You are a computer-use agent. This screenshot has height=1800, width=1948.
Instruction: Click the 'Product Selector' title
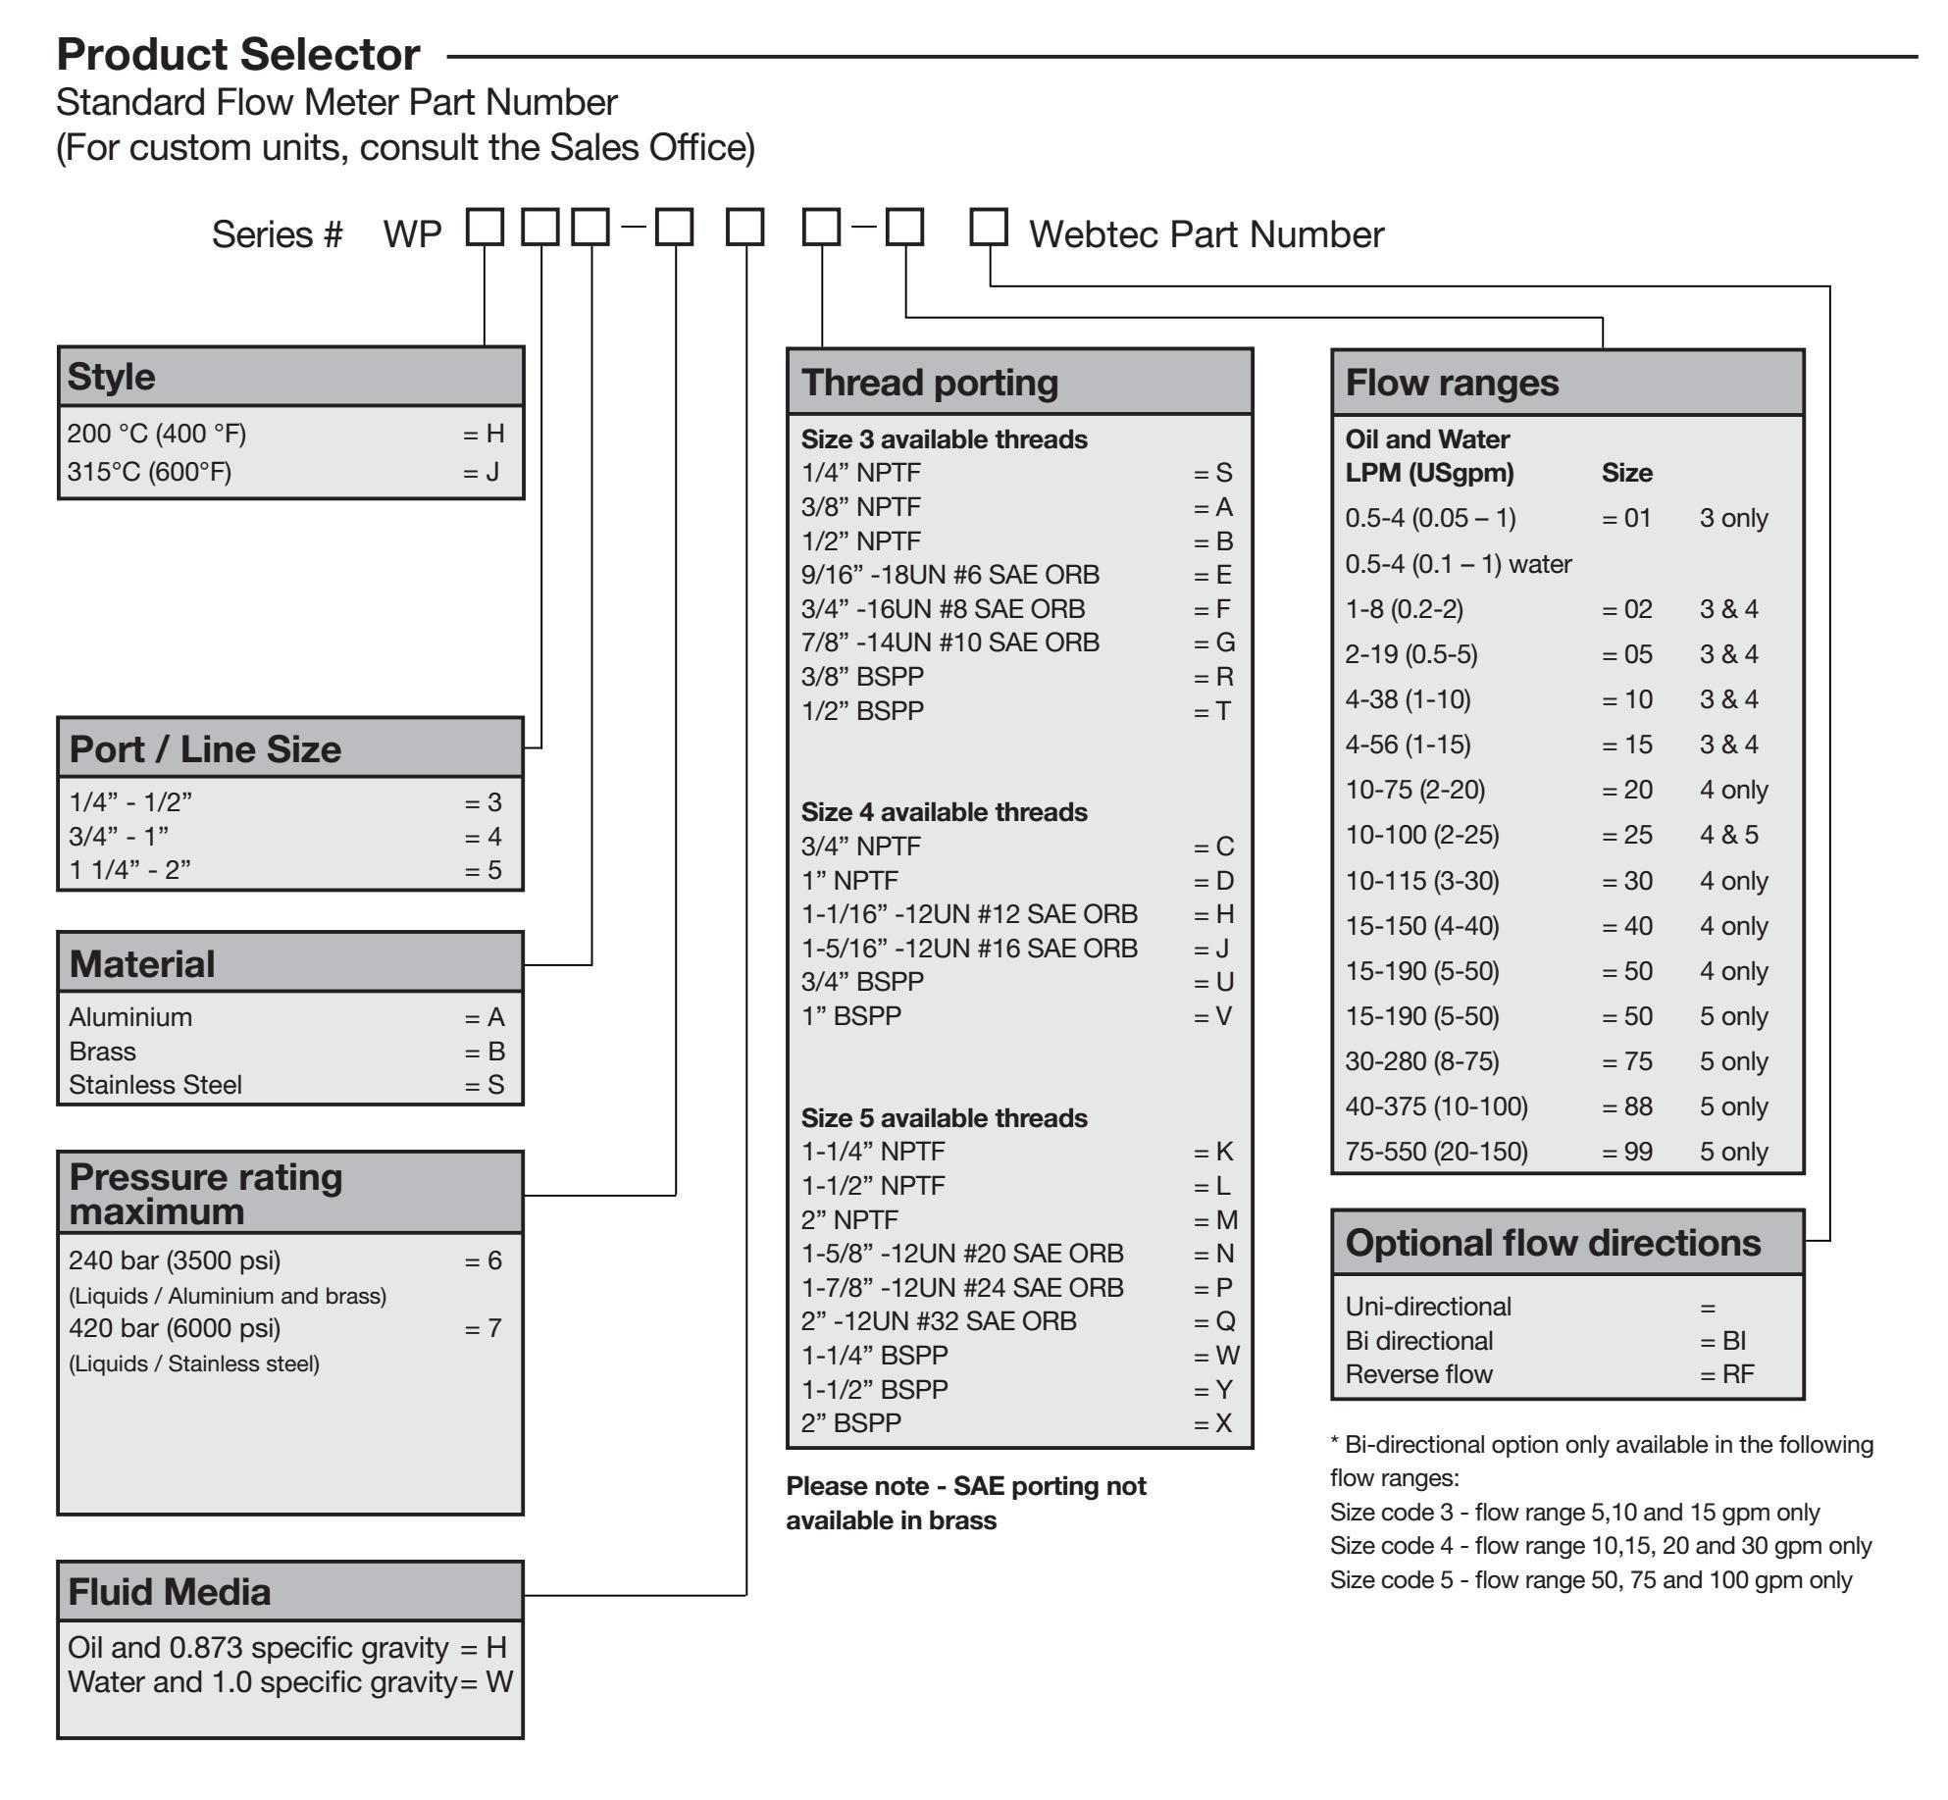[238, 55]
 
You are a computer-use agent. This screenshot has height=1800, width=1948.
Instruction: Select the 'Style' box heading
[111, 377]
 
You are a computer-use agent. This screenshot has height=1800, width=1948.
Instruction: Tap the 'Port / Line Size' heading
[205, 749]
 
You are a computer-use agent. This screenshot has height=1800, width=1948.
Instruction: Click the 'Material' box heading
[142, 964]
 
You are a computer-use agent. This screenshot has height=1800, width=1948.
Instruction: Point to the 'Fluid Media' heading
[170, 1591]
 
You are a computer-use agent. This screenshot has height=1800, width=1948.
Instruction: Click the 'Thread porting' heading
[930, 383]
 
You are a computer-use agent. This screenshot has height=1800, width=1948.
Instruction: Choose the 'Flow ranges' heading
[1452, 383]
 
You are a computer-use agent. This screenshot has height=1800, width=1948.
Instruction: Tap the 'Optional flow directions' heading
[1553, 1243]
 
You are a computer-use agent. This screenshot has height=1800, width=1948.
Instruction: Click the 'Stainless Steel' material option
[155, 1085]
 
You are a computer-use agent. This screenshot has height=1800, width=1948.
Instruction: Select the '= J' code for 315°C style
[482, 473]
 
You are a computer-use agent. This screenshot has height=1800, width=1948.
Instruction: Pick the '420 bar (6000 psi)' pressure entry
[175, 1328]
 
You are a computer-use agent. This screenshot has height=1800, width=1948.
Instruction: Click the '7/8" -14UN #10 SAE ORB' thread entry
[949, 643]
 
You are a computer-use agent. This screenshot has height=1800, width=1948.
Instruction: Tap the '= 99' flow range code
[1627, 1152]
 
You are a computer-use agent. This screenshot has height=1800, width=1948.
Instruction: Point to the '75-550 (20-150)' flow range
[1436, 1152]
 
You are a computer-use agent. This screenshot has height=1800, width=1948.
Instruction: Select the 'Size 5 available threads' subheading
[944, 1118]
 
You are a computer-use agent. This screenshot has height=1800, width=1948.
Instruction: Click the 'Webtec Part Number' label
[1206, 234]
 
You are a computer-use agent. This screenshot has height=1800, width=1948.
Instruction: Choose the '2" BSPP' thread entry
[850, 1423]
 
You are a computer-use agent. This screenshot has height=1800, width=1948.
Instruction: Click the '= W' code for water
[487, 1682]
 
